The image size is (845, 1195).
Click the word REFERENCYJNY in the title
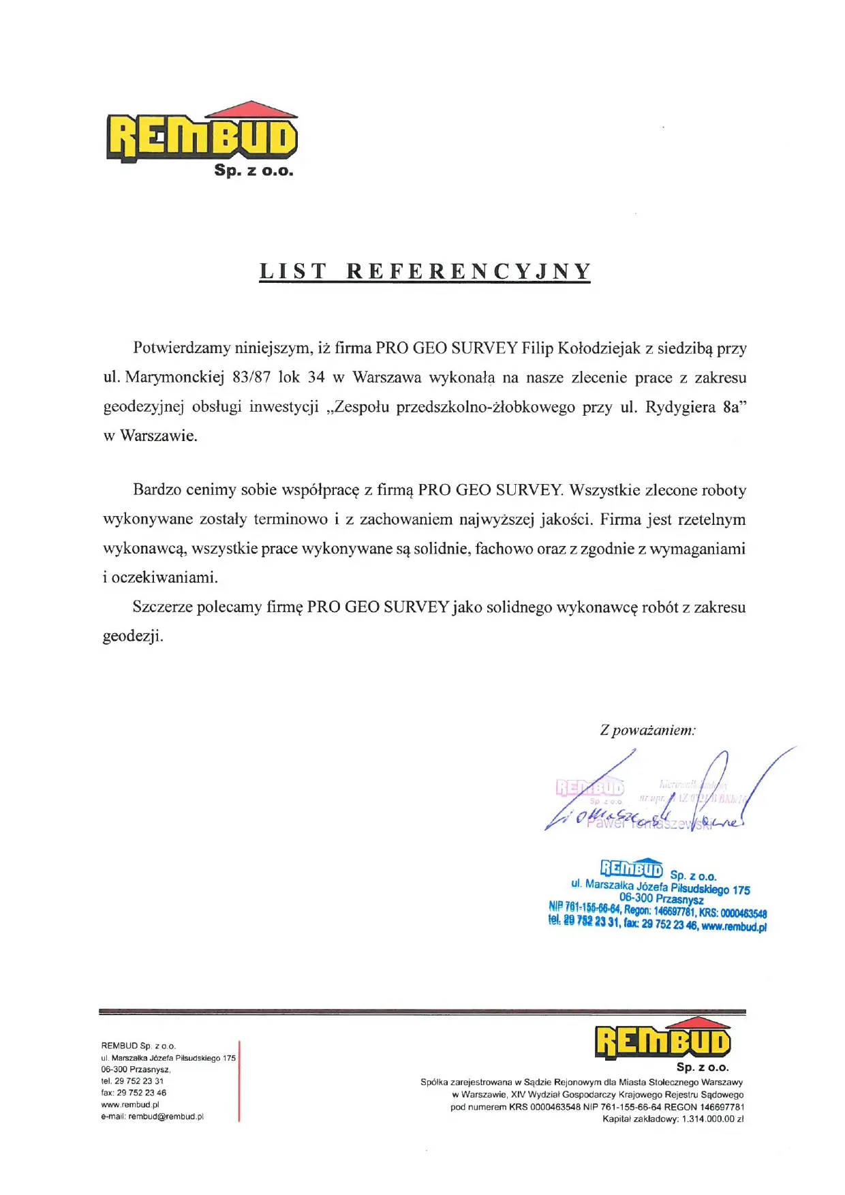[x=468, y=271]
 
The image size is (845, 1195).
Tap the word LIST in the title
[x=292, y=271]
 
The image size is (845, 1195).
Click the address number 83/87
[x=251, y=378]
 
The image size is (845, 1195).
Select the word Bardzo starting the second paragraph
[x=157, y=489]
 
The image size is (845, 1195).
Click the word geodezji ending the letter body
[x=132, y=636]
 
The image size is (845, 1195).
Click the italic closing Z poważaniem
[x=647, y=730]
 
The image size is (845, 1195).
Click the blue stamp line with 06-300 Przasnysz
[x=661, y=899]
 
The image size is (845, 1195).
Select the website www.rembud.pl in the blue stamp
[x=734, y=926]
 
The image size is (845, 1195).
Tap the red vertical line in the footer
[x=239, y=1080]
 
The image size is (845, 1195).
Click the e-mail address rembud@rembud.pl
[x=166, y=1117]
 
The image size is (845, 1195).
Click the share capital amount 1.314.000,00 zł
[x=713, y=1119]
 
